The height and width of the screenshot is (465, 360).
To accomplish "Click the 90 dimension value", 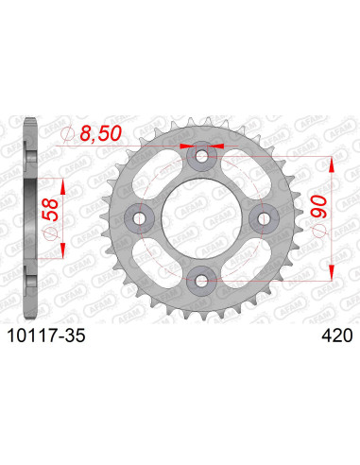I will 319,201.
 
